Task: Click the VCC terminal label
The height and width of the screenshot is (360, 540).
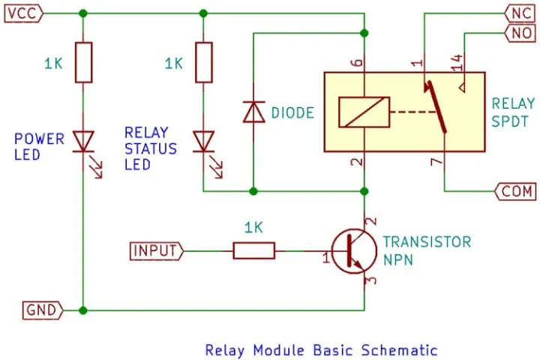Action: click(23, 13)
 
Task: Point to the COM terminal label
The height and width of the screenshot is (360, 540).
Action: click(514, 191)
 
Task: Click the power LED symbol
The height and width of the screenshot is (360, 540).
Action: click(82, 142)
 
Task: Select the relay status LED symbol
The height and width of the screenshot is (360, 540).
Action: click(203, 142)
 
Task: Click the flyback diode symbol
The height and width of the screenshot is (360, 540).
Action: click(253, 112)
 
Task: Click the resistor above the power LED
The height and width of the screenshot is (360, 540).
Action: click(82, 63)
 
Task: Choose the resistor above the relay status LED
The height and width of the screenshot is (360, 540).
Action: click(203, 63)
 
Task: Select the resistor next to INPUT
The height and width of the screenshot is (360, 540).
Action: click(254, 250)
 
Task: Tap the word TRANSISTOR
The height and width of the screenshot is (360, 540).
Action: click(427, 242)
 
